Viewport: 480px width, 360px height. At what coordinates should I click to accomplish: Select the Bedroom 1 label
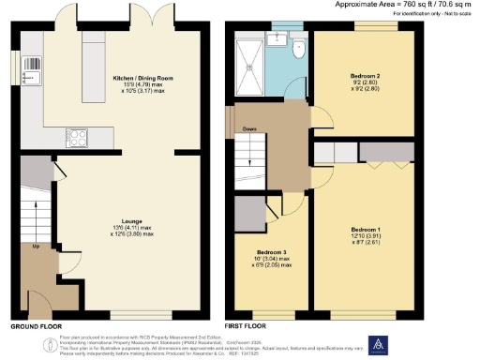pos(366,229)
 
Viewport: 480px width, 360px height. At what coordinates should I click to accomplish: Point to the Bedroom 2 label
pos(364,74)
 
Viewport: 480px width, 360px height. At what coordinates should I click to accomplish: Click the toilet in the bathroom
pos(297,49)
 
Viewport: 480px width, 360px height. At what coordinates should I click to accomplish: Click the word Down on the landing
pos(249,130)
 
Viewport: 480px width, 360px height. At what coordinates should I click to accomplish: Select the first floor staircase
pos(250,151)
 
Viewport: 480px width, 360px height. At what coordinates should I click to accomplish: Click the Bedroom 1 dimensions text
pos(366,239)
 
